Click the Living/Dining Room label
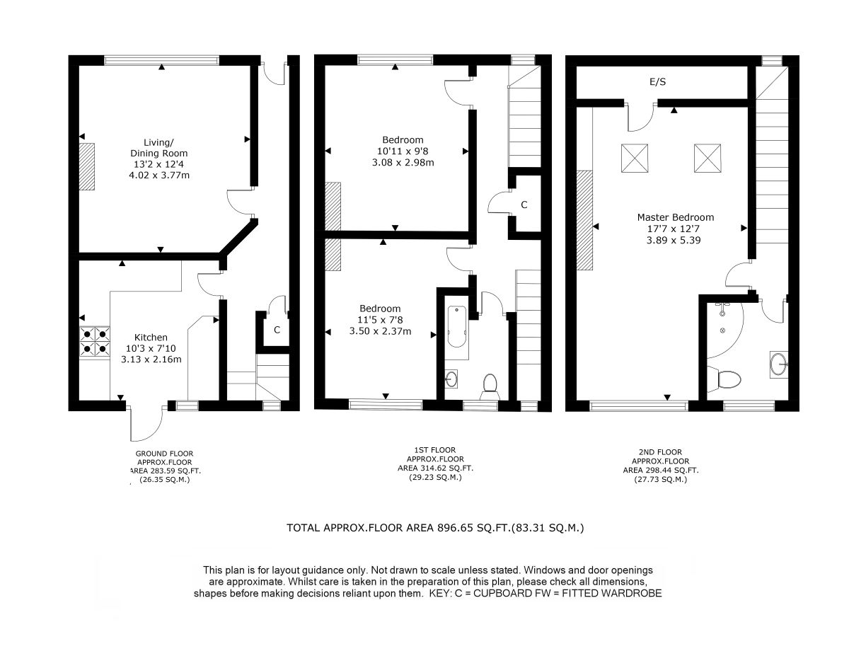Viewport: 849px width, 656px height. [159, 148]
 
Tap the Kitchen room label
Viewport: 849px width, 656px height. [151, 337]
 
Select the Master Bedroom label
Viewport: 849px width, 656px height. [676, 217]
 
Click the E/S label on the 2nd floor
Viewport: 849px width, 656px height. [657, 81]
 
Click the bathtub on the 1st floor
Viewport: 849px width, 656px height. [457, 327]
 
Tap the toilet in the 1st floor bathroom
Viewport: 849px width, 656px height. [490, 386]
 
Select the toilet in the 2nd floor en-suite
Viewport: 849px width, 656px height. [724, 379]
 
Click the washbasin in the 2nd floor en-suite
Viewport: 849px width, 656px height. [779, 364]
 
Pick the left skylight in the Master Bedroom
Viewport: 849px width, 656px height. [635, 158]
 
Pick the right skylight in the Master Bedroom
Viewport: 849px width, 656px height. [707, 158]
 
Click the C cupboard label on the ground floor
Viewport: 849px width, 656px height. [277, 330]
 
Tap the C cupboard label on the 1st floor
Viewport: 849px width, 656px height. [524, 205]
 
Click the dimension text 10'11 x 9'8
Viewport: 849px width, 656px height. [403, 151]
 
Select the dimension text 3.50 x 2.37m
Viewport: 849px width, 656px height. [380, 331]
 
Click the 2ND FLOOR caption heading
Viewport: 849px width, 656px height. [660, 452]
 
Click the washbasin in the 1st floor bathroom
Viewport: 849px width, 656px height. [451, 379]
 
